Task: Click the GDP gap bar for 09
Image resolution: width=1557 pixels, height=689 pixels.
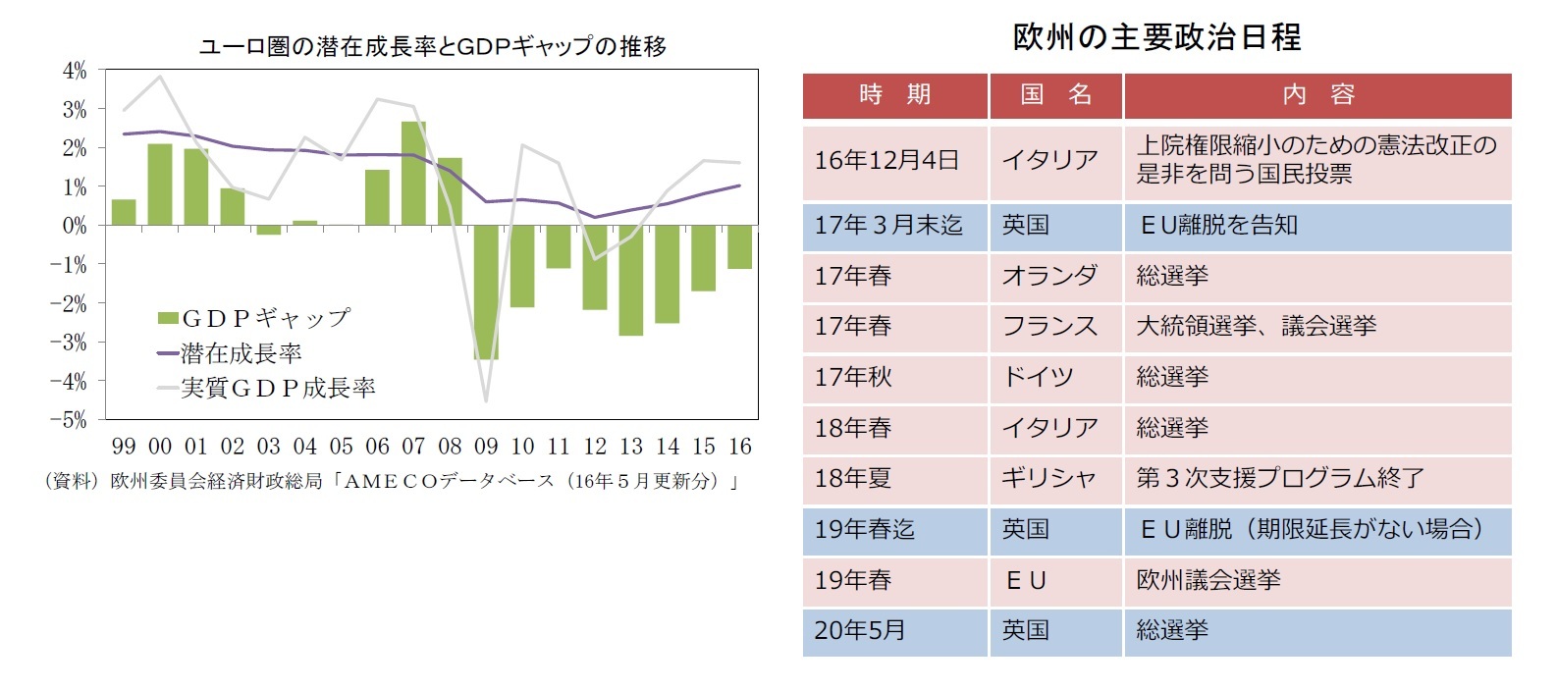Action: point(486,292)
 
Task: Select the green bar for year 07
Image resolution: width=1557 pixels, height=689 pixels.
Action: point(413,174)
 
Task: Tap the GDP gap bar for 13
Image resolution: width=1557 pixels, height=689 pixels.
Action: point(630,281)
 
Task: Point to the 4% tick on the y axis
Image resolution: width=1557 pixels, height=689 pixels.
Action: point(75,71)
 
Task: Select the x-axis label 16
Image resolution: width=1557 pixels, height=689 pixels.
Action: point(739,447)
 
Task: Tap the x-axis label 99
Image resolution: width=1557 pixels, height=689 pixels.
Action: point(124,447)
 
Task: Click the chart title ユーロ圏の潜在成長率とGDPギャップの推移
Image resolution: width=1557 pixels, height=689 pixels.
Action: point(432,46)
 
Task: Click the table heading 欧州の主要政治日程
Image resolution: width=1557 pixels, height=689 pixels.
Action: point(1156,37)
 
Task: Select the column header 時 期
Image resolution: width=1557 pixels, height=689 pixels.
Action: point(894,95)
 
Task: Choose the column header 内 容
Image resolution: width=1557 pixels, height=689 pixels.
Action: point(1317,95)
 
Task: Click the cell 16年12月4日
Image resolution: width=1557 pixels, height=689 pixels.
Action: point(886,160)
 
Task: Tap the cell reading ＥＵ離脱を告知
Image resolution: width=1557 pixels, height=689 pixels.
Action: point(1218,226)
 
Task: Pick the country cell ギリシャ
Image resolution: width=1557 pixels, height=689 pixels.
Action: point(1048,479)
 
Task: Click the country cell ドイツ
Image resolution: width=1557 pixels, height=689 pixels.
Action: point(1038,377)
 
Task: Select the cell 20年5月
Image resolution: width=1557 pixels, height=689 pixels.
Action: point(860,631)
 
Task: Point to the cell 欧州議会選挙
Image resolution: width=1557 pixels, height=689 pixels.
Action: point(1208,580)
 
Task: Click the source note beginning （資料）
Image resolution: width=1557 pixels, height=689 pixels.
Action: point(393,481)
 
